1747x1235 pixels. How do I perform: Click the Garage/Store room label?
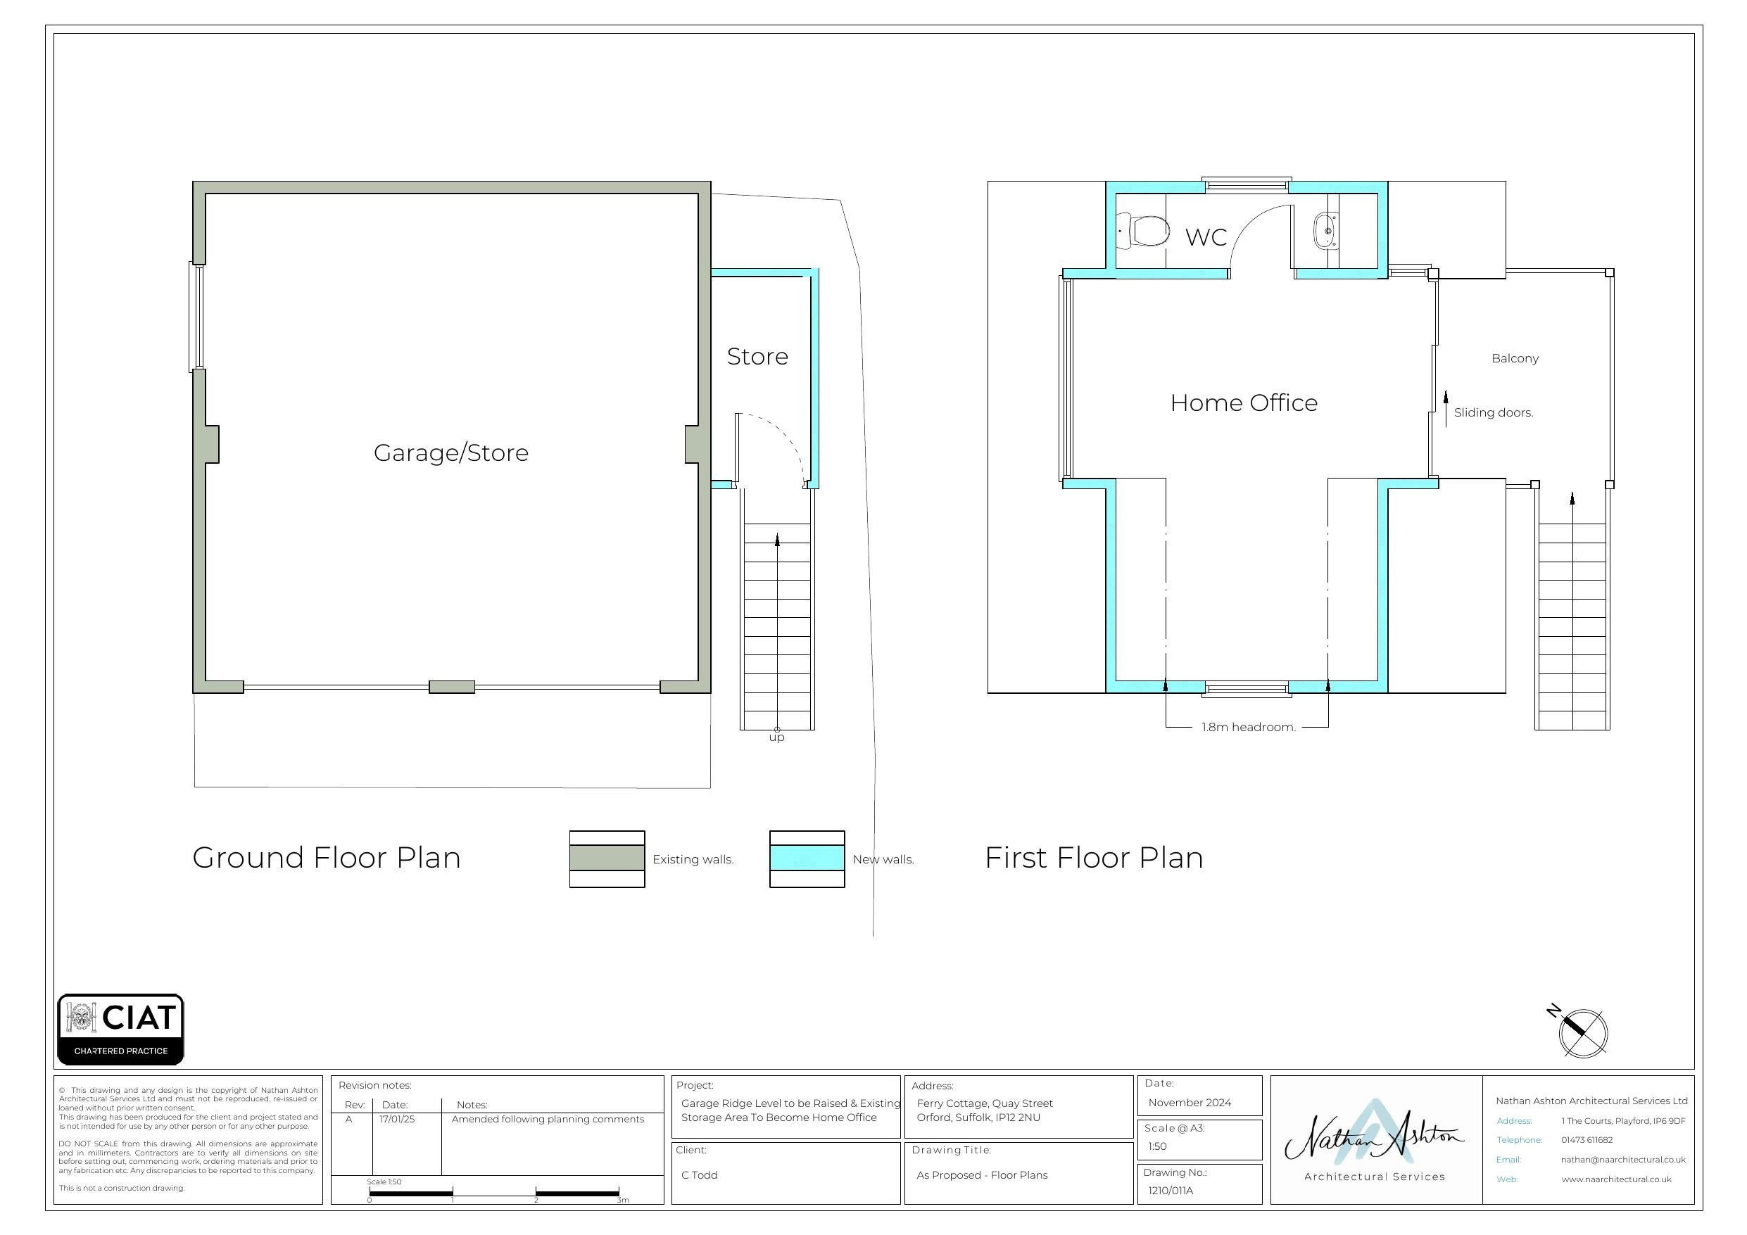pos(450,452)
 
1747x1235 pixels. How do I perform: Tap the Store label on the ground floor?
pos(757,356)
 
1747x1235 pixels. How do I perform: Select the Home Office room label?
pos(1243,403)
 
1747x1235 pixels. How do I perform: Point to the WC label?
pos(1206,236)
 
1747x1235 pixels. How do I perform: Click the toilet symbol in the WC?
pos(1143,231)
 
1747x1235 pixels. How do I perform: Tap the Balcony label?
pos(1515,358)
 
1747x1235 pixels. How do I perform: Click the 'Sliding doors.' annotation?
pos(1494,412)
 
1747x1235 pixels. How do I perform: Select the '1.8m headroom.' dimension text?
pos(1249,727)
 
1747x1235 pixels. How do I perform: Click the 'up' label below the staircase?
pos(776,737)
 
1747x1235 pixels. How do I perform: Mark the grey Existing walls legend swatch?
pos(607,859)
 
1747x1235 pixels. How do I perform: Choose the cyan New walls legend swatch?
pos(807,859)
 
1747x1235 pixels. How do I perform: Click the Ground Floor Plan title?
pos(327,858)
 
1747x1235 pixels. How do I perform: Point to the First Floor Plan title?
pos(1094,858)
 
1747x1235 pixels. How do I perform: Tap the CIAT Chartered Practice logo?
pos(121,1029)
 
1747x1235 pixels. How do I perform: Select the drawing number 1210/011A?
pos(1171,1191)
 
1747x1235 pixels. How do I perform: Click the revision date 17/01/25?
pos(397,1120)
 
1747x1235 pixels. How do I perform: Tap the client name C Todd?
pos(699,1175)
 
